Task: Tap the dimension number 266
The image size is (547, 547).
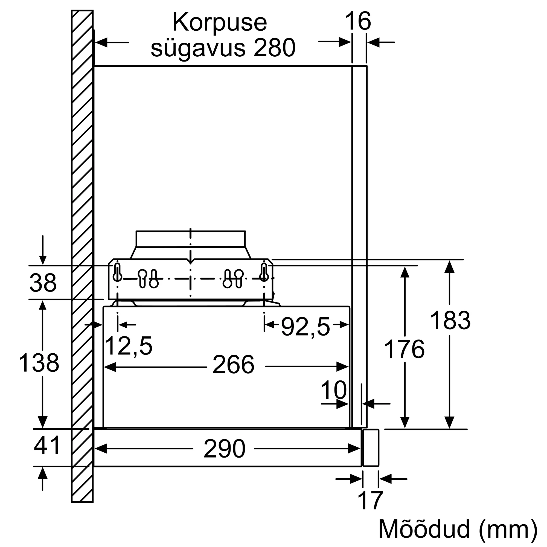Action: [x=233, y=365]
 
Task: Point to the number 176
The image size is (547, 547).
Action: [x=404, y=349]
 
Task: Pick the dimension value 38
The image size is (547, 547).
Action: [x=43, y=283]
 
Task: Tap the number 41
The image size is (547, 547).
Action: [x=47, y=445]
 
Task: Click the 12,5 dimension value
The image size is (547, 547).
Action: [x=129, y=346]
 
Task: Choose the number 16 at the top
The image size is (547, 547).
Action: [x=358, y=21]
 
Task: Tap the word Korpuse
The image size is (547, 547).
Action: [x=220, y=22]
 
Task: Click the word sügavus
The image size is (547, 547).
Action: [x=198, y=48]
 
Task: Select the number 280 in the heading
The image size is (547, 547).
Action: [x=274, y=48]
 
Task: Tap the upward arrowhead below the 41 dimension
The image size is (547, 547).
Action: [x=42, y=473]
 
